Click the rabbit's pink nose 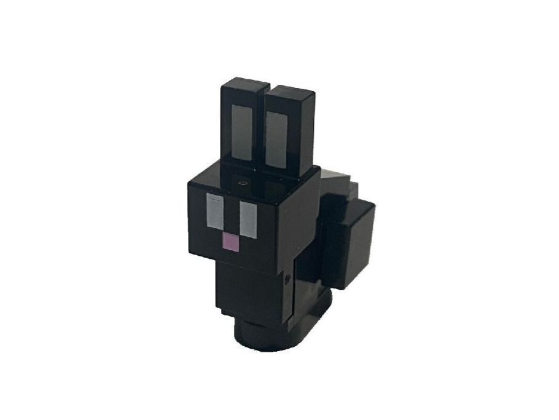pos(230,244)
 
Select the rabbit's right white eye pos(248,219)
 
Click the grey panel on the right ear pos(277,140)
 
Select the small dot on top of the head pos(244,183)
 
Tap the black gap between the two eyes pos(231,215)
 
